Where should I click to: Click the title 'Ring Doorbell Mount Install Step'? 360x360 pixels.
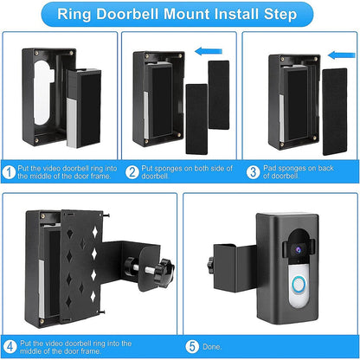180,15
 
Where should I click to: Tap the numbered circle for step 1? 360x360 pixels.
8,171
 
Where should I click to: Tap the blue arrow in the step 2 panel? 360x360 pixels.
205,51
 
